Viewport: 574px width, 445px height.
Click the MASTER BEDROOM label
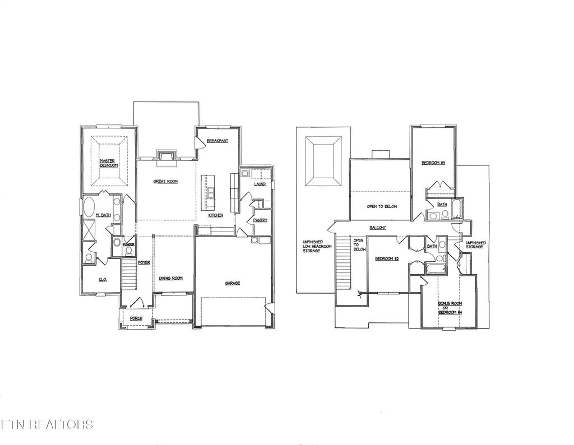pyautogui.click(x=108, y=163)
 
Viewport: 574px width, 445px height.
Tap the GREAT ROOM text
pyautogui.click(x=165, y=182)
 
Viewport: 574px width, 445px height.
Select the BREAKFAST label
pyautogui.click(x=217, y=141)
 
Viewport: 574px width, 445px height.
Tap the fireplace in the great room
pyautogui.click(x=167, y=156)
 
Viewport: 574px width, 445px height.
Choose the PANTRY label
pyautogui.click(x=260, y=220)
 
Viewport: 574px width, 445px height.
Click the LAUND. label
pyautogui.click(x=260, y=184)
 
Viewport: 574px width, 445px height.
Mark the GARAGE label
pyautogui.click(x=232, y=283)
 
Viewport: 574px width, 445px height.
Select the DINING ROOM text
pyautogui.click(x=170, y=278)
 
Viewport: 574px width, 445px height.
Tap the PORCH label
pyautogui.click(x=136, y=318)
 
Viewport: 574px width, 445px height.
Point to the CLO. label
pyautogui.click(x=103, y=279)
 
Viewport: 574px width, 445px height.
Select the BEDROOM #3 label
pyautogui.click(x=433, y=163)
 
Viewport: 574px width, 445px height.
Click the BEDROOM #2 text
pyautogui.click(x=386, y=258)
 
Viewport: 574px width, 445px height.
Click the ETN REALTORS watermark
pyautogui.click(x=47, y=424)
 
